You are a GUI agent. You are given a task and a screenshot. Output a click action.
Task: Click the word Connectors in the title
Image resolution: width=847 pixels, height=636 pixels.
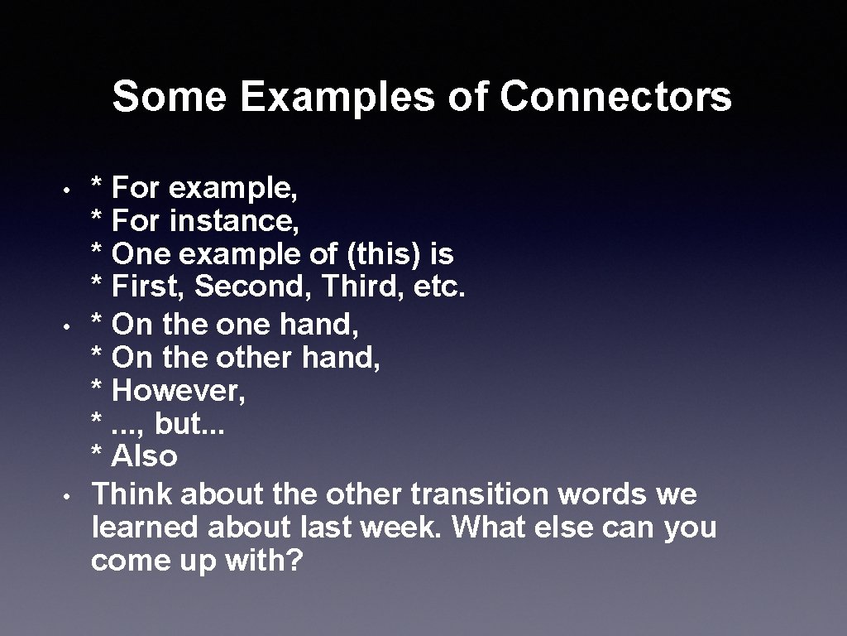click(615, 97)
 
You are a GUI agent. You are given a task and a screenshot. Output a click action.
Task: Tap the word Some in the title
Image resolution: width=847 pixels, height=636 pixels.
click(169, 97)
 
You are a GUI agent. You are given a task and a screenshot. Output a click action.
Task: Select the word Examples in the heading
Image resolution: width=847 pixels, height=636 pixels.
click(337, 97)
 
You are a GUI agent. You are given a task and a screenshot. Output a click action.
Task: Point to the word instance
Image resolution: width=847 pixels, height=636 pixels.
click(234, 221)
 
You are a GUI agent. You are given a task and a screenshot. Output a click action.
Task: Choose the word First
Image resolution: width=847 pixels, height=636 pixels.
click(149, 287)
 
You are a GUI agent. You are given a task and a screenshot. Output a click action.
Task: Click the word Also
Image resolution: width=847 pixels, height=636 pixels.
click(144, 456)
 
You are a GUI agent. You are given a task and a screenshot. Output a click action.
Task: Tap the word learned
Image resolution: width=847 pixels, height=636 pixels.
click(146, 528)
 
